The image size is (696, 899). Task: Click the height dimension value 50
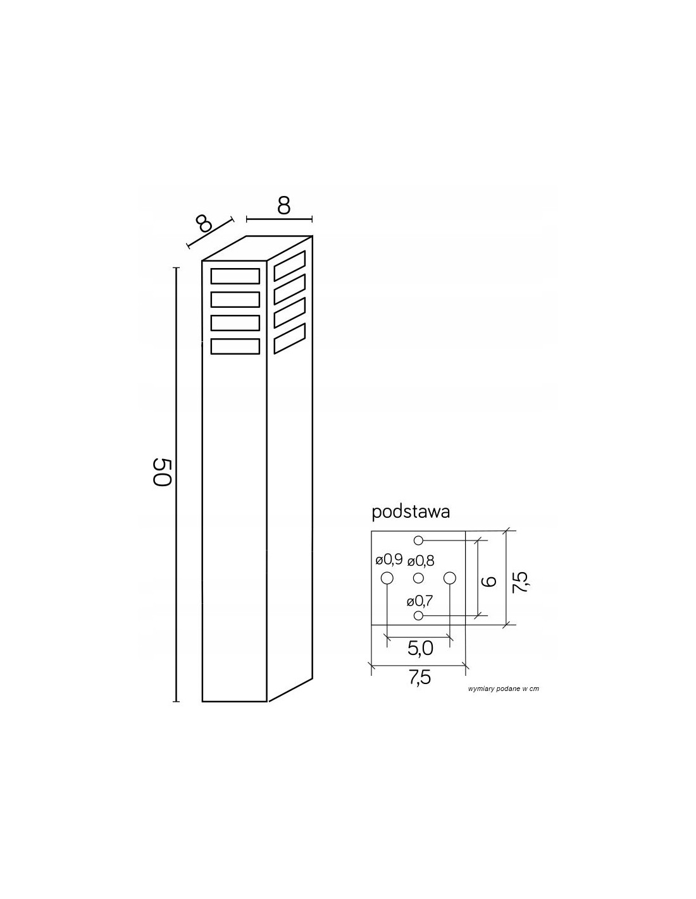161,472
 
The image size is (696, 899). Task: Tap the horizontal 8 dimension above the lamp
283,205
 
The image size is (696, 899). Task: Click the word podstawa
410,512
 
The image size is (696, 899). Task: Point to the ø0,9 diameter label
388,560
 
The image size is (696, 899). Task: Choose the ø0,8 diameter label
421,561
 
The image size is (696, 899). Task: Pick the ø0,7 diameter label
419,601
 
